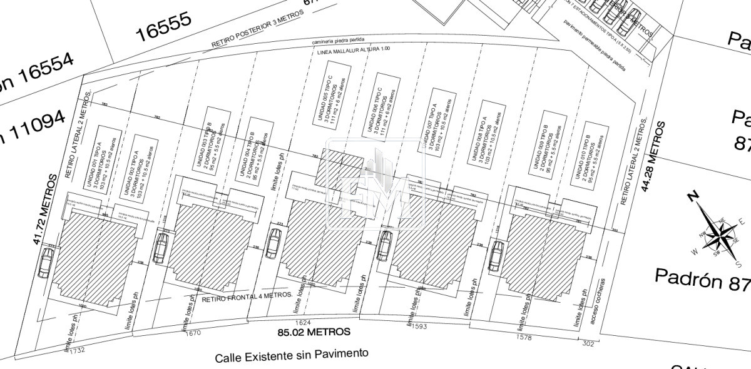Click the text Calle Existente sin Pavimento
coord(292,356)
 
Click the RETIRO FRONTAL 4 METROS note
coord(247,296)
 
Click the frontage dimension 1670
coord(194,333)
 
